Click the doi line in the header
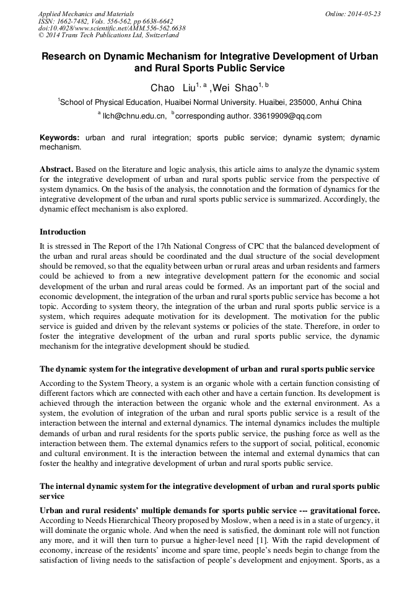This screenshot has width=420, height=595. tap(112, 29)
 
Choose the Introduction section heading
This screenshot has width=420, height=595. tap(63, 232)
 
